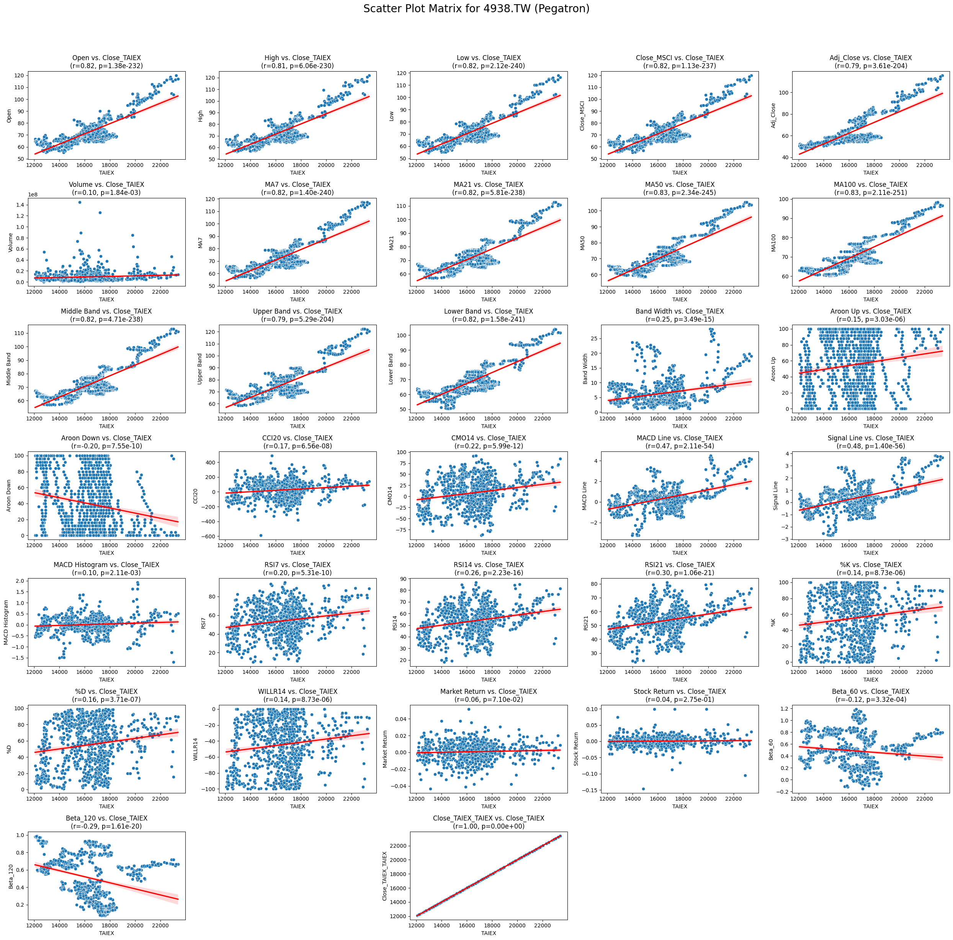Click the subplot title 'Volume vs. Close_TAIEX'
pos(106,185)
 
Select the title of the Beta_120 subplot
pos(106,818)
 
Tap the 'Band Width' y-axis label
pos(585,368)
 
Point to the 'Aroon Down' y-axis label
pos(9,495)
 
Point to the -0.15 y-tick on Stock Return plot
pos(592,790)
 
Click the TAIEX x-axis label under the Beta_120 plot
pos(106,933)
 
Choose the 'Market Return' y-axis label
pos(385,749)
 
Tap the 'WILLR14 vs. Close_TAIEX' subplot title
pos(298,692)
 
